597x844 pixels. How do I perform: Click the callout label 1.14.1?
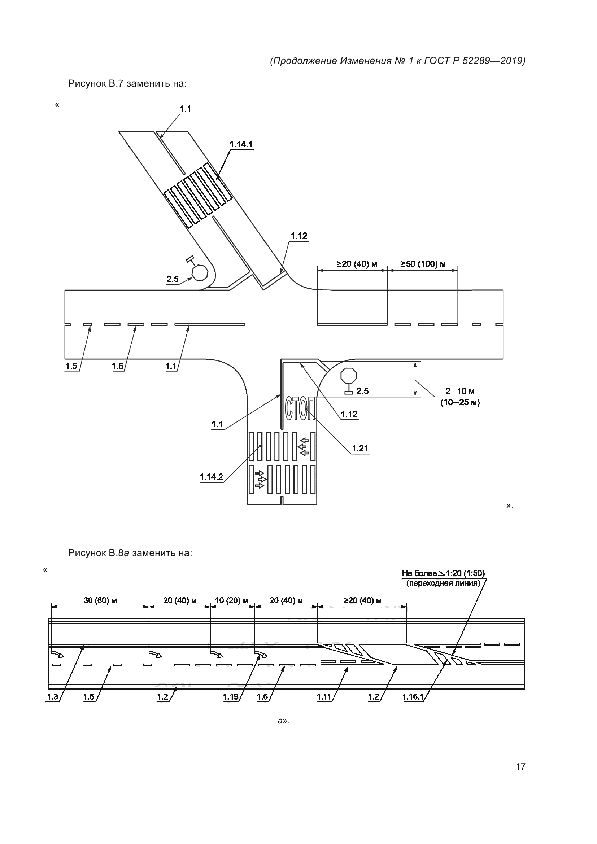click(241, 144)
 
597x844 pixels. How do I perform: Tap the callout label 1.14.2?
click(212, 477)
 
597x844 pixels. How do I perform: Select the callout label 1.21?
click(360, 449)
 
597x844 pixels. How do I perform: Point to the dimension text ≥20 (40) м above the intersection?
click(357, 264)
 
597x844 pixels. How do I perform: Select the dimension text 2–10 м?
click(460, 392)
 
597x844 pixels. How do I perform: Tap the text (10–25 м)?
click(460, 403)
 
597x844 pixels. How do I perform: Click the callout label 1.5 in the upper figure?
click(71, 366)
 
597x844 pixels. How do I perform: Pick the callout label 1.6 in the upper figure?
click(118, 366)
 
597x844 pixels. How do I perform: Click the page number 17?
click(520, 766)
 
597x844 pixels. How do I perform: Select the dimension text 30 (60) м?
click(100, 601)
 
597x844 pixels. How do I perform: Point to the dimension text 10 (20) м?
click(231, 601)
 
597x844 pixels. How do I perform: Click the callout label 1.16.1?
click(413, 697)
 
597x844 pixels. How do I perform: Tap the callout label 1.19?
click(231, 697)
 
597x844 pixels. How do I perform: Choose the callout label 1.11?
click(324, 697)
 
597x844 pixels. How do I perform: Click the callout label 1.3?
click(53, 697)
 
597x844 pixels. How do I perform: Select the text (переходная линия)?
click(443, 583)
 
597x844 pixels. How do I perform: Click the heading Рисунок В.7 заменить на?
click(127, 84)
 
